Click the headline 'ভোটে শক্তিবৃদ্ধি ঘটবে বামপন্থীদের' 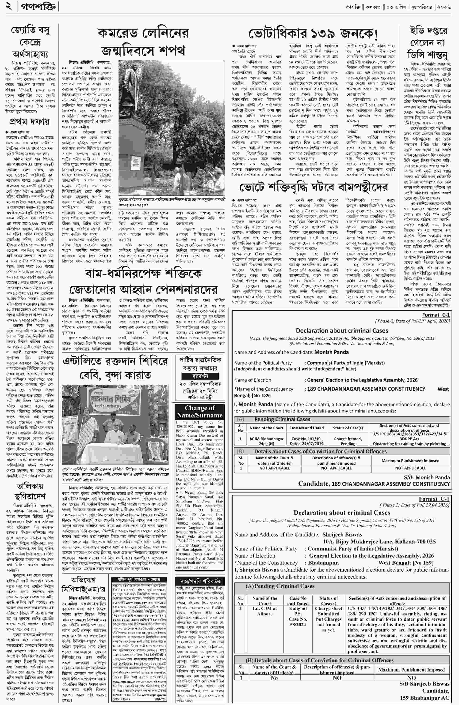click(x=314, y=187)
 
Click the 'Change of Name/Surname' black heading click(x=199, y=412)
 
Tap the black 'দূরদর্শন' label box click(x=200, y=376)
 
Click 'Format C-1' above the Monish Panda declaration click(x=436, y=315)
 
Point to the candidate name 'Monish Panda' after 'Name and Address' click(x=332, y=352)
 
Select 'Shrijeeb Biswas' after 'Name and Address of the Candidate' click(x=342, y=534)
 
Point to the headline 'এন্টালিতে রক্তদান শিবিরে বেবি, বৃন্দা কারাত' click(x=115, y=368)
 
